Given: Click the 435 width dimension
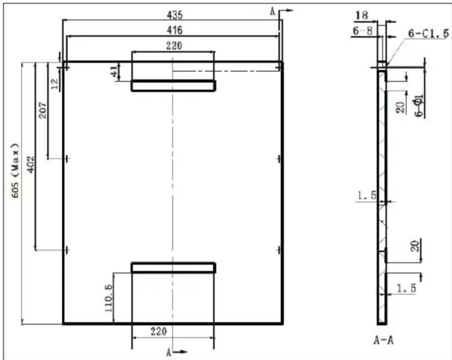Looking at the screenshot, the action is (x=175, y=15).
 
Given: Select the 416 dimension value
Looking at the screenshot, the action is (x=175, y=30).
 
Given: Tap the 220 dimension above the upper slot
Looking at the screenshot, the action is (x=174, y=46).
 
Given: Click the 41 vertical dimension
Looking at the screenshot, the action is (x=115, y=71).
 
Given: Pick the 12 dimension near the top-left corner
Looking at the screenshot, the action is (x=54, y=84).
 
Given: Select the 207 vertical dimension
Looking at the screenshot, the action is (x=43, y=110).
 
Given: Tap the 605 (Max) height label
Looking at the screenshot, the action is (x=16, y=170).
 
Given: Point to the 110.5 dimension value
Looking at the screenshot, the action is (x=109, y=298).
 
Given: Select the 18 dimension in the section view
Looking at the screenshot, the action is (x=362, y=15).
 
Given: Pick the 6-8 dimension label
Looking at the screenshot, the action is (x=363, y=30).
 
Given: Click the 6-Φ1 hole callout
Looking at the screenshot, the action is (x=419, y=106).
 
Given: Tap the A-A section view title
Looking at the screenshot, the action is (x=383, y=341).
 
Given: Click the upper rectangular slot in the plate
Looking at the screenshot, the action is (x=174, y=86).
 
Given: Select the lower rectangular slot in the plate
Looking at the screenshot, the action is (x=174, y=268).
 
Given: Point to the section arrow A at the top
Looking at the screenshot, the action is (x=281, y=12).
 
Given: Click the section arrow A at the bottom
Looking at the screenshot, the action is (x=177, y=352).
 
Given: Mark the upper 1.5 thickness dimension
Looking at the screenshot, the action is (x=367, y=196).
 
